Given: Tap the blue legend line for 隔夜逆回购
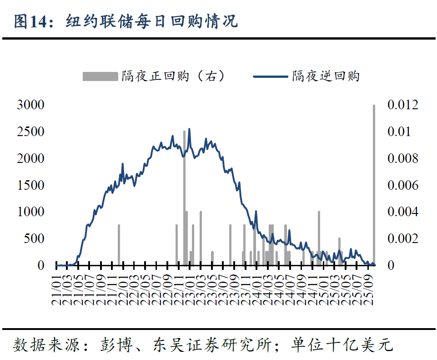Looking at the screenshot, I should (270, 76).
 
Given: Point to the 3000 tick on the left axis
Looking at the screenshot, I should (30, 105).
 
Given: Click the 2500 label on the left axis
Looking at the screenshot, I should (30, 132).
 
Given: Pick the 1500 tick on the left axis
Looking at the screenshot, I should (30, 185).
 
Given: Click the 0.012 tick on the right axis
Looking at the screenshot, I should (402, 105).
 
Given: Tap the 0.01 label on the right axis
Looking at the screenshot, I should (399, 132).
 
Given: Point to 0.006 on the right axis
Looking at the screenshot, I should (402, 185).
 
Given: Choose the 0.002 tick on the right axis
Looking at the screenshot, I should (402, 238).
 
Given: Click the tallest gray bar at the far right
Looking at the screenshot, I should (374, 182).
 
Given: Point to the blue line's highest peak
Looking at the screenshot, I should (189, 129).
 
